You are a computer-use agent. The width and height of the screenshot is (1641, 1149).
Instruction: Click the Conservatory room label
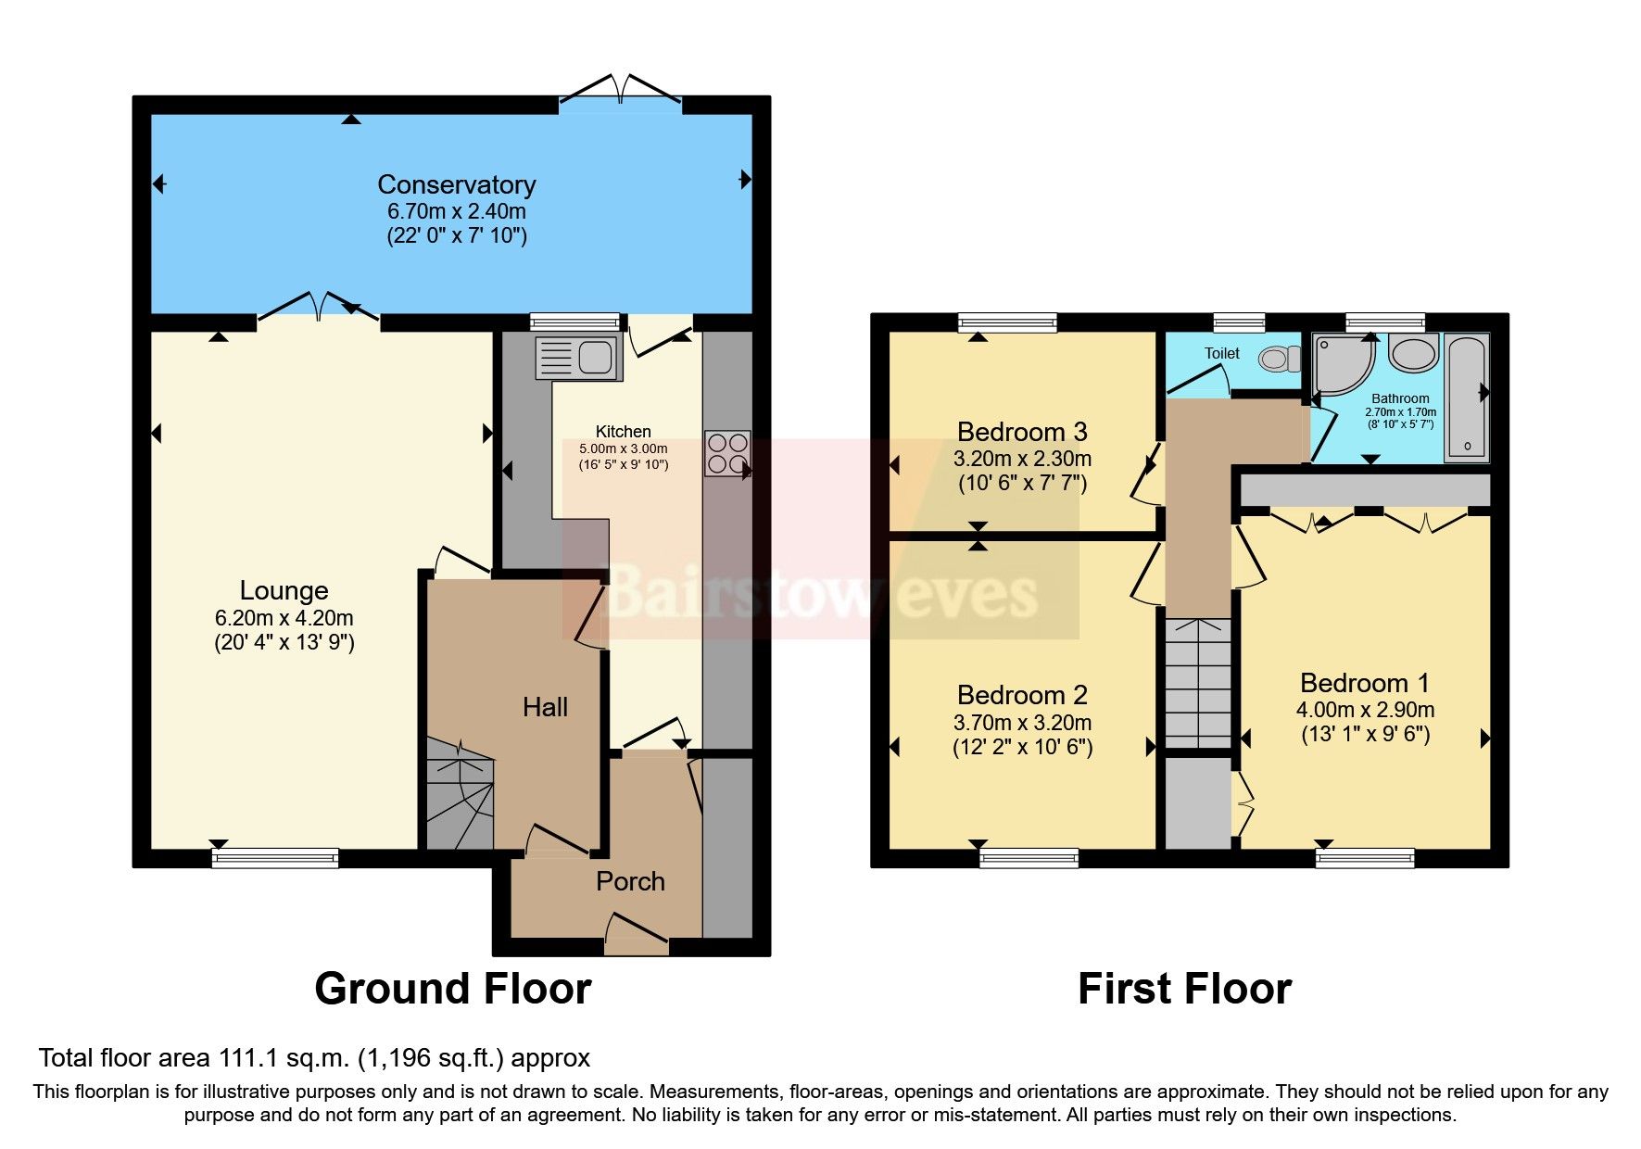point(456,184)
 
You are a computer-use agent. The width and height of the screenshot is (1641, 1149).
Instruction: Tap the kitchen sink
point(577,358)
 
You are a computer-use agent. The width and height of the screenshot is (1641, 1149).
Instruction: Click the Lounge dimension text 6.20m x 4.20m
point(284,617)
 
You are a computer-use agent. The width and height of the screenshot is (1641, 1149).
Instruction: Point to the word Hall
point(545,708)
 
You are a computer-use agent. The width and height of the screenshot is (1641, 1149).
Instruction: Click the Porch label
point(630,881)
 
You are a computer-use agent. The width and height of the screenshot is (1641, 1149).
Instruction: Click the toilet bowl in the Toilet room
point(1281,358)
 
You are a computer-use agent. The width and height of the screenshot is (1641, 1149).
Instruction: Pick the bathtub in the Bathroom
point(1467,398)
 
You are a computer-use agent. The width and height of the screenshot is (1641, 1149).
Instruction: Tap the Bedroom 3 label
point(1022,432)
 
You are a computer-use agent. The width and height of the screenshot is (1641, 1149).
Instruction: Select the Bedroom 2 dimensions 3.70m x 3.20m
point(1022,722)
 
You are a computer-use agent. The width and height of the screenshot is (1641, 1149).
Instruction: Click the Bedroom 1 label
point(1364,684)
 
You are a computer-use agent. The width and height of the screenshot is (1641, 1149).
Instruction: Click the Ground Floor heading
point(453,989)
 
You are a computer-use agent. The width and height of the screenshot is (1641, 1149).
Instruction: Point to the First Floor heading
point(1184,989)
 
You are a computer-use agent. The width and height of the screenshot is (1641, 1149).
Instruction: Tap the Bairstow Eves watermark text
point(821,593)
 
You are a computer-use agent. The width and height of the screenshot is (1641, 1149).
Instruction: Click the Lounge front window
point(275,858)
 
